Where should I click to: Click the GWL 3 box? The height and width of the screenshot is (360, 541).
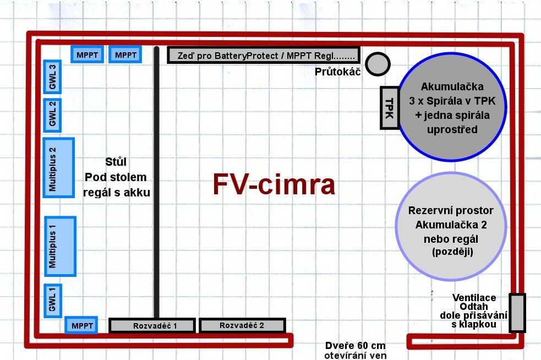coord(52,77)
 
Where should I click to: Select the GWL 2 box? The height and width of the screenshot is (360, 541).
coord(52,115)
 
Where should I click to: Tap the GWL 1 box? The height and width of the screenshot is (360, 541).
coord(53,301)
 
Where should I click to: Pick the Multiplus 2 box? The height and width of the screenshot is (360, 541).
coord(59,168)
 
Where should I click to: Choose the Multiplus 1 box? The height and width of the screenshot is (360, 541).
coord(60,247)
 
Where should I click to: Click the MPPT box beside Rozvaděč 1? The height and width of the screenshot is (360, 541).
coord(81,325)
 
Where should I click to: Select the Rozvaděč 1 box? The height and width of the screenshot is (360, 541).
coord(152,325)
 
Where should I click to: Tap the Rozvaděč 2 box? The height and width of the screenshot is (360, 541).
coord(242,325)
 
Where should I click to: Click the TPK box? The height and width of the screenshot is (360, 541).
coord(390,108)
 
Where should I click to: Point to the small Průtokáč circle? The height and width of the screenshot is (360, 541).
coord(378,64)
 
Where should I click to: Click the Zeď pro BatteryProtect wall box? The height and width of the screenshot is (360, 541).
coord(264,55)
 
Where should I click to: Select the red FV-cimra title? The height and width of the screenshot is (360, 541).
coord(274,184)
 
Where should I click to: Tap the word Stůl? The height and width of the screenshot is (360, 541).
coord(116,162)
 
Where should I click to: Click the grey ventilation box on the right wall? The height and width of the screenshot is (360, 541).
coord(517,313)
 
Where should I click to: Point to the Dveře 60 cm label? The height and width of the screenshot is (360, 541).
coord(356,346)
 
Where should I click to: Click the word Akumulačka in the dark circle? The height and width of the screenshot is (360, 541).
coord(452,86)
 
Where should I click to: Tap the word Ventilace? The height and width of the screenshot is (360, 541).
coord(474,298)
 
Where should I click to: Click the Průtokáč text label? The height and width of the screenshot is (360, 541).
coord(337,72)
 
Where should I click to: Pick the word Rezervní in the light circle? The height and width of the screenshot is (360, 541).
coord(426,210)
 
